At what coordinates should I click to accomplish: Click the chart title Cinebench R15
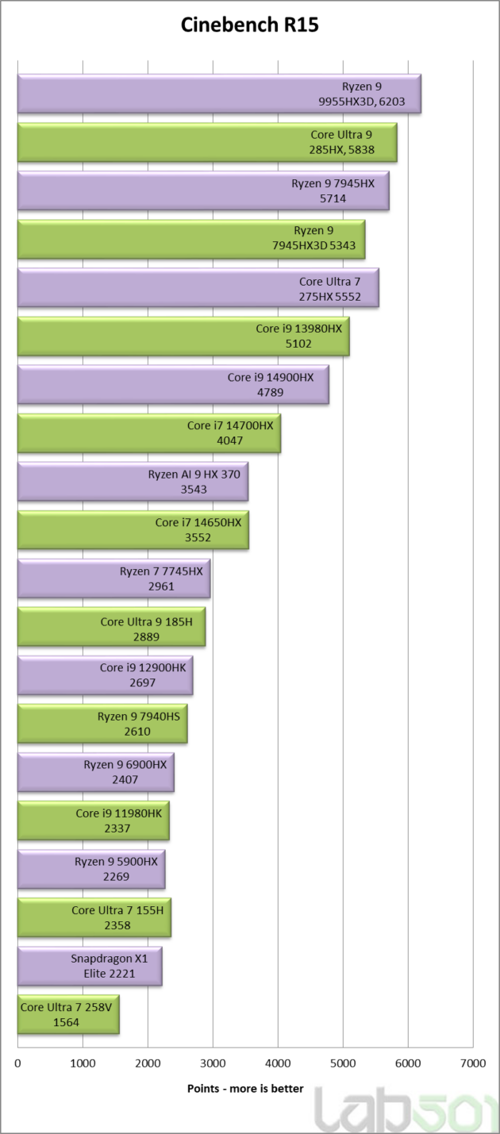[250, 26]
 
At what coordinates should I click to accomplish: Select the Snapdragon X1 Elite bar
[89, 966]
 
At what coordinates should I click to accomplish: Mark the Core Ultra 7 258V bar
[67, 1014]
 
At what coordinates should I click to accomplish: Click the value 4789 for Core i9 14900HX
[271, 393]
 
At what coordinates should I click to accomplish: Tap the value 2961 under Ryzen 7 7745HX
[161, 586]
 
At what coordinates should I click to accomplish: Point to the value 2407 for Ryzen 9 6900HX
[125, 780]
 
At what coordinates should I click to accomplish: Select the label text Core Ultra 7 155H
[117, 910]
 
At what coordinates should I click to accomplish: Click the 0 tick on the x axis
[17, 1062]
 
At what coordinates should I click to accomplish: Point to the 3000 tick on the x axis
[213, 1062]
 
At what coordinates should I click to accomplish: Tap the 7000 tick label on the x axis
[472, 1062]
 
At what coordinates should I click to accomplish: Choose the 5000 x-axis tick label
[342, 1062]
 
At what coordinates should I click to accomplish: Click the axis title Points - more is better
[245, 1089]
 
